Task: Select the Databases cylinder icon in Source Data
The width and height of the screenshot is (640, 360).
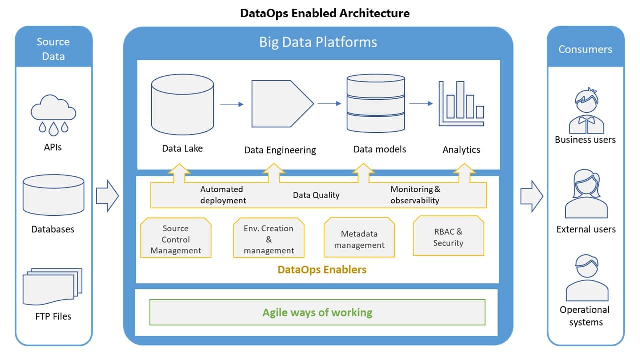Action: pos(53,195)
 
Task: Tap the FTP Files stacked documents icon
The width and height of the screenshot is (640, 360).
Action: pos(52,287)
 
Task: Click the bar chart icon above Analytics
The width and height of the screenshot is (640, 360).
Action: pos(461,104)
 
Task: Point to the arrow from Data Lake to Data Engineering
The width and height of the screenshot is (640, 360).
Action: pos(232,104)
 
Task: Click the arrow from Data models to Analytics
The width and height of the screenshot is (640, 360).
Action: pos(421,104)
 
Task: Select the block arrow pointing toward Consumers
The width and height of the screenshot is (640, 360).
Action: pos(531,196)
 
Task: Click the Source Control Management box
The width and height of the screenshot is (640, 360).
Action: pos(176,239)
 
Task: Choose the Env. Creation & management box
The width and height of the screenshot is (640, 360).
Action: pos(269,239)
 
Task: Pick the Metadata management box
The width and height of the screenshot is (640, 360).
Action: pos(359,239)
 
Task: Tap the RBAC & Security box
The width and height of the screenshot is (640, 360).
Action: pos(448,237)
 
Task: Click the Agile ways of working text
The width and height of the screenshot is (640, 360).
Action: pos(317,313)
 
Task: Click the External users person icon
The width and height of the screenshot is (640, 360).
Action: pos(586,195)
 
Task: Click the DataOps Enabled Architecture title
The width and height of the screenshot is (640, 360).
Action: pos(325,13)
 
